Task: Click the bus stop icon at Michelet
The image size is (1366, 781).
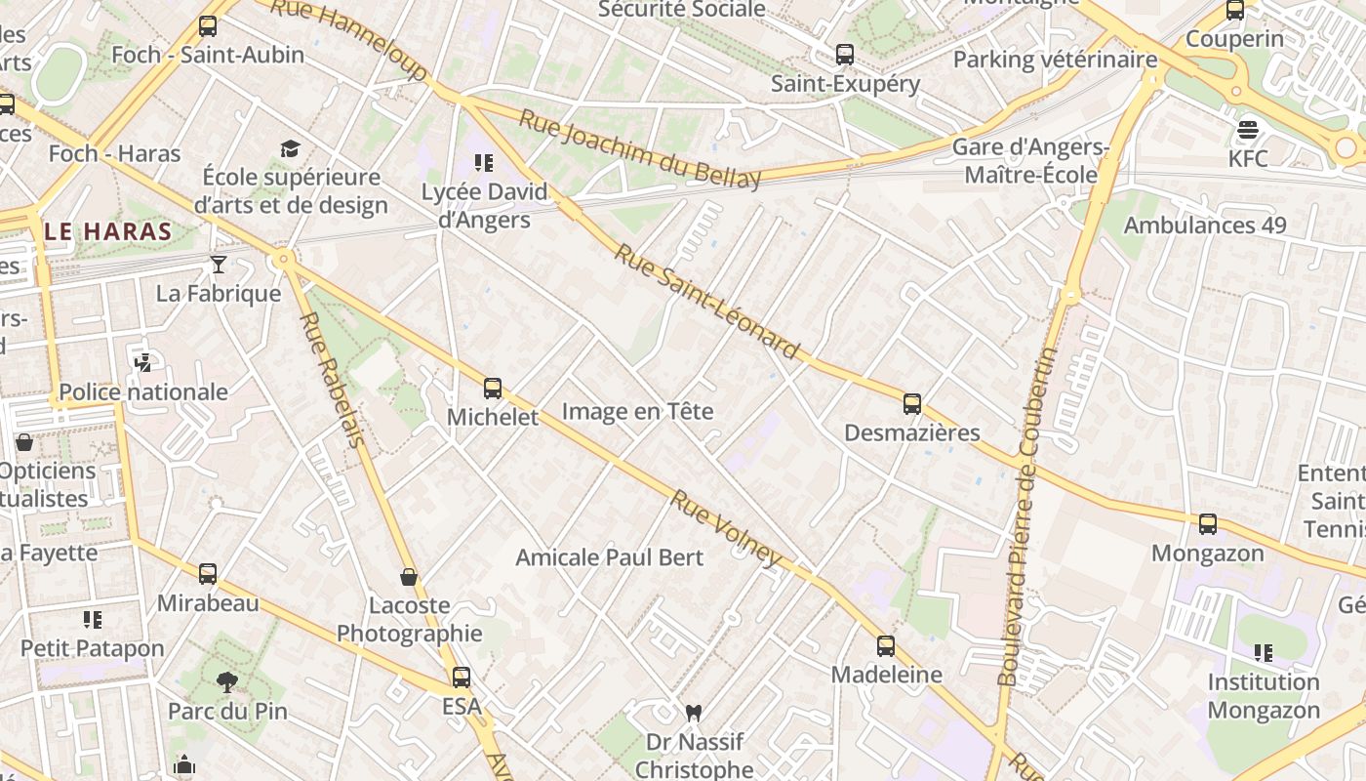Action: click(493, 389)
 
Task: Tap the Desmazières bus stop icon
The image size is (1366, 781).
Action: click(912, 403)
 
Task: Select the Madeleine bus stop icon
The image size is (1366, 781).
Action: click(885, 645)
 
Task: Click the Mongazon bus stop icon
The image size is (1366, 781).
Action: click(1208, 524)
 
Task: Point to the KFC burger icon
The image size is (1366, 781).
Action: click(1248, 129)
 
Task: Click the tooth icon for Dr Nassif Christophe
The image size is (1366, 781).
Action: click(694, 713)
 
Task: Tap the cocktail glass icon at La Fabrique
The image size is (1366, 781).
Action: click(219, 264)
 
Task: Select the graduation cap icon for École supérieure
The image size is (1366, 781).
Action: click(290, 148)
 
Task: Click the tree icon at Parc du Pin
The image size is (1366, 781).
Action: click(227, 681)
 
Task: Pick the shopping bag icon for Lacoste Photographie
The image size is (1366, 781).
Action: click(409, 577)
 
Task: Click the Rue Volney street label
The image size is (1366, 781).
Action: click(727, 527)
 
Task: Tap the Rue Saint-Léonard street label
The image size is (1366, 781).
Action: click(707, 301)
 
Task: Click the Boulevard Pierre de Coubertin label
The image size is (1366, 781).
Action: click(1027, 517)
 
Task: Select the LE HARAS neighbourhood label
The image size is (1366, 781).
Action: click(108, 232)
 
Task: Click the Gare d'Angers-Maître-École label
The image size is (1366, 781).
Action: click(1030, 161)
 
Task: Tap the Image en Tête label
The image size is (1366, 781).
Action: click(637, 411)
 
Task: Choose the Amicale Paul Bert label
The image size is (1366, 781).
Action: click(609, 557)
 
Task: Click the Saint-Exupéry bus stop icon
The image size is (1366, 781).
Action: click(845, 55)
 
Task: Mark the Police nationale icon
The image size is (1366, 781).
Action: click(142, 363)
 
